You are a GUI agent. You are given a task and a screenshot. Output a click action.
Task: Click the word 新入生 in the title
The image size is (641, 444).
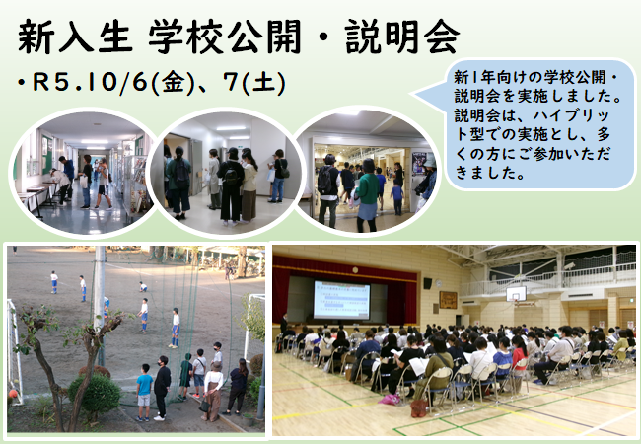coord(76,37)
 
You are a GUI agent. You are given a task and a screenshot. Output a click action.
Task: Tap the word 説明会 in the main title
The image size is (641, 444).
coord(402,37)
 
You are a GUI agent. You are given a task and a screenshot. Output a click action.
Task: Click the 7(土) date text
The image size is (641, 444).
coord(254,82)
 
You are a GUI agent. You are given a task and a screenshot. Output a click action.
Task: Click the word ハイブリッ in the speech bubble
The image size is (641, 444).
coord(571,115)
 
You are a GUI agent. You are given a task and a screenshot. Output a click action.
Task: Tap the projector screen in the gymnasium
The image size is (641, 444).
coord(341,299)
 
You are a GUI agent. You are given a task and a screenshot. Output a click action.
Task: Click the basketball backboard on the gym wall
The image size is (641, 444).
coord(516,294)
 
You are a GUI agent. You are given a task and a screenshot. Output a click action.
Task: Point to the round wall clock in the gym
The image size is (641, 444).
coord(438,283)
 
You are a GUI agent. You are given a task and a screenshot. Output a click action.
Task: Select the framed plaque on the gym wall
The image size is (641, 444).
coord(448,300)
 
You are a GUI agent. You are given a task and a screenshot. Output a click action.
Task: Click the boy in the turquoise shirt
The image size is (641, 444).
coord(144,392)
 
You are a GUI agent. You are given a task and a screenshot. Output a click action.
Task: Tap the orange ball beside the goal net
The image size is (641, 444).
coord(13,394)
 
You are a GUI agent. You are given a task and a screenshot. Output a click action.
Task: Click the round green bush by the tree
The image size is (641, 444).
coord(95,393)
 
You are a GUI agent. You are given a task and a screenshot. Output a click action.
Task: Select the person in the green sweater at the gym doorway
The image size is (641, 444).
coord(367,195)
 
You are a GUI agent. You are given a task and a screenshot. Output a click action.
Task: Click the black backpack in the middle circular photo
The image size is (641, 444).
coord(231,175)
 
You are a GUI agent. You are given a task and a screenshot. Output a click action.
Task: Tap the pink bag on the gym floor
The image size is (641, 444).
coord(390,399)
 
